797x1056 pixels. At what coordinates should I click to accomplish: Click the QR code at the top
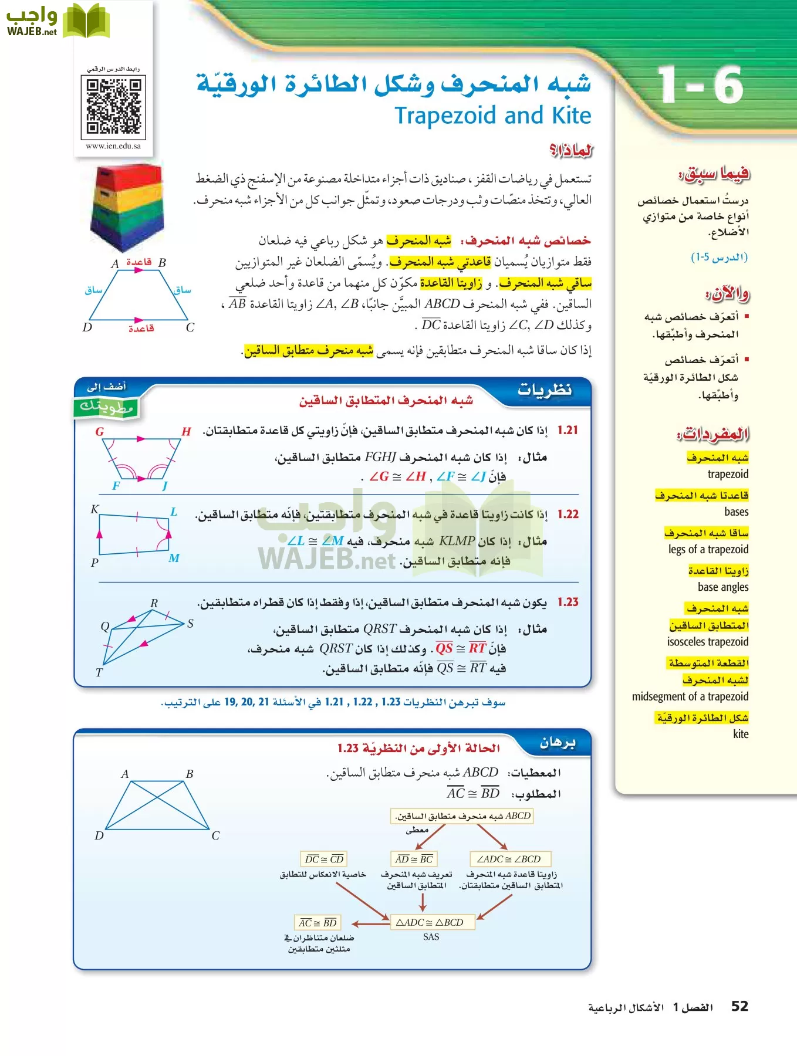tap(114, 107)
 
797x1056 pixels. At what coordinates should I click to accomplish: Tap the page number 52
tap(739, 1007)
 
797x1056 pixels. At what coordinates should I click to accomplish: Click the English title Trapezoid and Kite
tap(492, 116)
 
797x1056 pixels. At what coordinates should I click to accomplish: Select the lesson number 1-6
tap(700, 86)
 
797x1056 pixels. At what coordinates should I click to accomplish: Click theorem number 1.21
tap(568, 430)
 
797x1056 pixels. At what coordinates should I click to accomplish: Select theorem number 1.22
tap(568, 515)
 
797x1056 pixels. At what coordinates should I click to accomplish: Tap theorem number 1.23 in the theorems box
tap(568, 602)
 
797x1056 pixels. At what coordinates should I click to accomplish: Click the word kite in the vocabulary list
tap(741, 734)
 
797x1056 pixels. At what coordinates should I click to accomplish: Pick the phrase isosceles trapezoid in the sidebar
tap(707, 642)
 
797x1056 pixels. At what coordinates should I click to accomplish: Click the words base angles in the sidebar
tap(722, 587)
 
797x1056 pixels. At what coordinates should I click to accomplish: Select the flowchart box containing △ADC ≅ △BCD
tap(430, 922)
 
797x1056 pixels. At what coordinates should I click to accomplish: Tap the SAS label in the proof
tap(431, 937)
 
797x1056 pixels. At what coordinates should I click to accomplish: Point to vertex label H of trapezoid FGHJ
tap(186, 432)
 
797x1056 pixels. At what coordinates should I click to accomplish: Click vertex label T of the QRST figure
tap(99, 672)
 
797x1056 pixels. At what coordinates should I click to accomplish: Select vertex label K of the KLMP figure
tap(94, 509)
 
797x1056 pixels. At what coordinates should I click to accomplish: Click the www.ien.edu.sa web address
tap(113, 146)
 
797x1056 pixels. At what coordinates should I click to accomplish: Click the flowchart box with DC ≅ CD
tap(324, 859)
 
